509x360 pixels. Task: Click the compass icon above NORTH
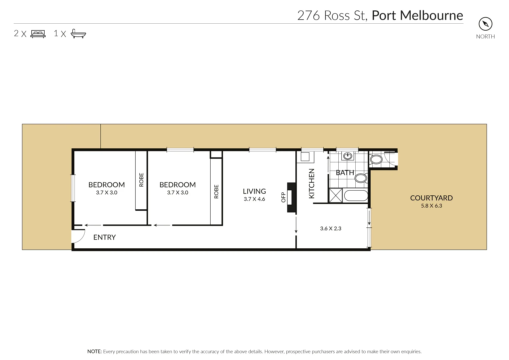[485, 24]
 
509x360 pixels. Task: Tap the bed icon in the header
[38, 34]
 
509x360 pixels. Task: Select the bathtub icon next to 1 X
[78, 34]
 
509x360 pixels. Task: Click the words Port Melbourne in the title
[417, 16]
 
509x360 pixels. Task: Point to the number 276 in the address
[309, 16]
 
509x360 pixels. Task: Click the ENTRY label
[104, 237]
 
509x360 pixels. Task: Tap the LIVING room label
[254, 191]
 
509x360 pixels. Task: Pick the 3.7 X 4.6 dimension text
[254, 199]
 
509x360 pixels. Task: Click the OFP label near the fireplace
[283, 197]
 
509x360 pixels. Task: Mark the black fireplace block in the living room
[292, 197]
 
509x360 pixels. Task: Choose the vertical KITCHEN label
[312, 183]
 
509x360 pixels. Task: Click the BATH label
[345, 173]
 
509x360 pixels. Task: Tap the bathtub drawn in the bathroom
[356, 196]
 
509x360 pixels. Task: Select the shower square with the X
[336, 196]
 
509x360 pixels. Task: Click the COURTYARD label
[431, 198]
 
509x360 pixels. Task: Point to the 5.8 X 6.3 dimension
[431, 206]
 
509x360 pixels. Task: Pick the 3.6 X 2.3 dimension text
[331, 229]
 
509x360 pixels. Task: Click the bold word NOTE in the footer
[94, 352]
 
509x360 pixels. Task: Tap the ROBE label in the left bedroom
[141, 180]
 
